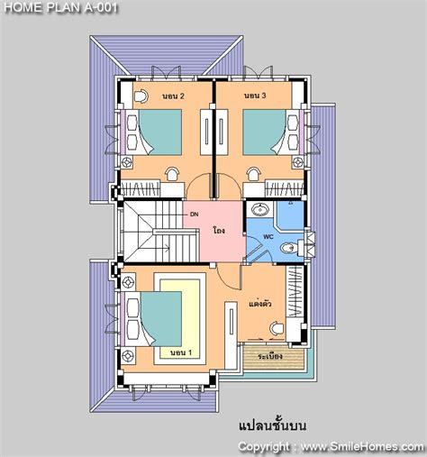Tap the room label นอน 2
(174, 96)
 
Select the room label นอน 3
(257, 96)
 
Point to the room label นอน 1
(180, 354)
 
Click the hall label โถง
(219, 231)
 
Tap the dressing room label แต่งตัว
(260, 306)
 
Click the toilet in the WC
(288, 247)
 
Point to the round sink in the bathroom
(260, 211)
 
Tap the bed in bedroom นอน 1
(163, 319)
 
